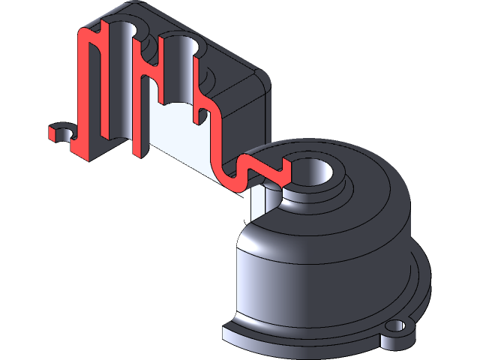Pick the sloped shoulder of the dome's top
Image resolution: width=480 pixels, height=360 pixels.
coord(375,187)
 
